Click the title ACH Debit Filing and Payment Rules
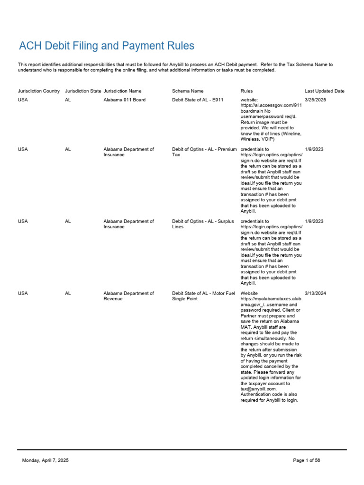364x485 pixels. coord(106,46)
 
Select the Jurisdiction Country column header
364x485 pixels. coord(39,91)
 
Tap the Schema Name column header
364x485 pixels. coord(188,91)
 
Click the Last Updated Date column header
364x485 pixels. coord(324,91)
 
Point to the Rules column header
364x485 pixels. coord(246,91)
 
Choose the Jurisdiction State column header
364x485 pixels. coord(83,91)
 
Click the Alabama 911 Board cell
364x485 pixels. coord(124,100)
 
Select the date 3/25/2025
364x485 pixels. coord(315,100)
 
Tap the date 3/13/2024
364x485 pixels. coord(315,293)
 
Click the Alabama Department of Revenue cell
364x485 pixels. coord(128,296)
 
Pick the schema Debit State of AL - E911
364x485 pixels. coord(198,100)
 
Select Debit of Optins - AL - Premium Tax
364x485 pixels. coord(204,152)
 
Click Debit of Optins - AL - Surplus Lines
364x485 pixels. coord(203,224)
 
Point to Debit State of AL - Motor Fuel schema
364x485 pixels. coord(203,296)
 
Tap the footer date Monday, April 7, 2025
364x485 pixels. coord(45,460)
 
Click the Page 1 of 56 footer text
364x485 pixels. coord(307,460)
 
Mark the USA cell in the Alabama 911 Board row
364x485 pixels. coord(23,100)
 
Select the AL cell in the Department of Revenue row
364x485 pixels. coord(68,293)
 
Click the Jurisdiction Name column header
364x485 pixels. coord(122,91)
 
